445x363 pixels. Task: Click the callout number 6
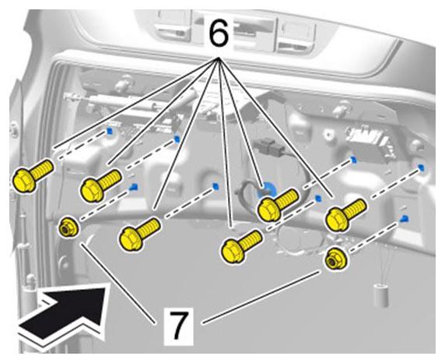coord(219,33)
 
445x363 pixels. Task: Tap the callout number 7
coord(178,325)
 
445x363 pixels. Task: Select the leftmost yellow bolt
coord(32,175)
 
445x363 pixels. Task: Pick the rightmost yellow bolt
coord(345,215)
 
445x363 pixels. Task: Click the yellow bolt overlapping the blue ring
coord(277,205)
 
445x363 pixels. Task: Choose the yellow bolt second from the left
coord(101,185)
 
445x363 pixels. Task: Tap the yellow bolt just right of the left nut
coord(139,234)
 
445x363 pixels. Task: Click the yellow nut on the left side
coord(68,227)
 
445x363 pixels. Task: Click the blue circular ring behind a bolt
coord(267,190)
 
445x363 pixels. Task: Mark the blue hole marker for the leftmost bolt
coord(109,131)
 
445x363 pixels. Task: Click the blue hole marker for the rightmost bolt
coord(422,167)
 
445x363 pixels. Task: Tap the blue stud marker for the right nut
coord(404,219)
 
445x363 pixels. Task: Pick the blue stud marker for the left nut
coord(133,187)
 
